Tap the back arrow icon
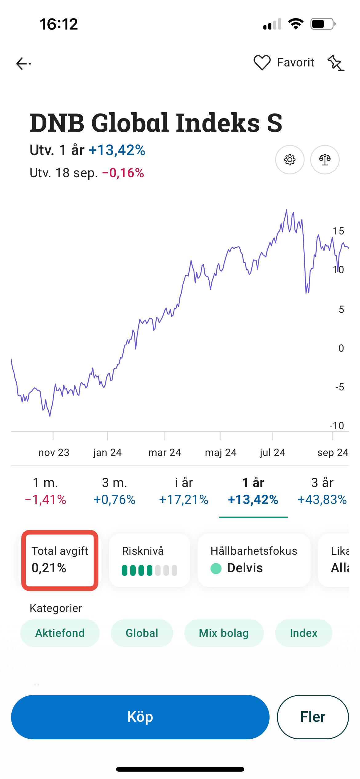23,64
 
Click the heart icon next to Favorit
262,63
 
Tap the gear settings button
290,160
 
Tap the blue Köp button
140,717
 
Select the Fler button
313,717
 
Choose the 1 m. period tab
46,491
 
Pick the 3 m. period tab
114,491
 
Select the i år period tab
184,491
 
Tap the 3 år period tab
322,491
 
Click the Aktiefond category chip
60,633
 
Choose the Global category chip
142,633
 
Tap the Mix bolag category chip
224,633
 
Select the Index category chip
304,633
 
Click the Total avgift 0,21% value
49,568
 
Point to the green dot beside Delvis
216,568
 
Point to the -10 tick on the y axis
337,426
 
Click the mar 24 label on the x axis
165,453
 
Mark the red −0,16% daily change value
123,173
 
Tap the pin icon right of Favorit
336,63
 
